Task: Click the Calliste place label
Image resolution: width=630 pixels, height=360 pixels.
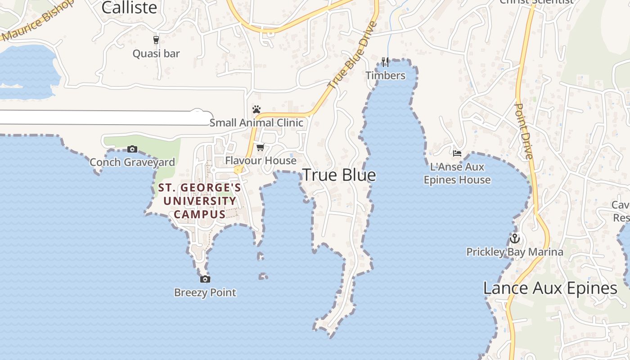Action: (129, 8)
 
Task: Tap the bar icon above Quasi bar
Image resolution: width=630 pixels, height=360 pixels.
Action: (156, 40)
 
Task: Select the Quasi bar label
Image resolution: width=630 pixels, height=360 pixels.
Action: (156, 54)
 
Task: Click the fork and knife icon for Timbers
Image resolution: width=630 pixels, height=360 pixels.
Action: (385, 62)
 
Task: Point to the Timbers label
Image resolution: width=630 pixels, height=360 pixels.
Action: (385, 75)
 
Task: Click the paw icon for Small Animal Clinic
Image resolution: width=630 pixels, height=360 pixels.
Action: (256, 109)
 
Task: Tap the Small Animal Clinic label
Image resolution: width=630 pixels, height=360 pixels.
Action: (256, 122)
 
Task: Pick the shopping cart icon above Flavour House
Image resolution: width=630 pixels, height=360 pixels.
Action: (261, 147)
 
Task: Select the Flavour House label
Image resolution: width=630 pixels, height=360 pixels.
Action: (261, 160)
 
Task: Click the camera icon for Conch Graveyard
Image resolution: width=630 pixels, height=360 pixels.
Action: (132, 149)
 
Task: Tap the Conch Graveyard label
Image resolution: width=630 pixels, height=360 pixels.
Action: (132, 162)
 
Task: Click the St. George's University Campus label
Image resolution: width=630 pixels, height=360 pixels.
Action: (200, 201)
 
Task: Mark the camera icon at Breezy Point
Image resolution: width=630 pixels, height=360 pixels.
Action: (205, 279)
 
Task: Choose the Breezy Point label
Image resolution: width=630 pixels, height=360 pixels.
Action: (205, 292)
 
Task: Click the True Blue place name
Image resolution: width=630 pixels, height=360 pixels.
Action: (339, 175)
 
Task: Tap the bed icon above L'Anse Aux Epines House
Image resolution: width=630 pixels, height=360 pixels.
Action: (457, 153)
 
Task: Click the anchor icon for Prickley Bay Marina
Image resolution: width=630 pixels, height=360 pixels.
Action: (514, 238)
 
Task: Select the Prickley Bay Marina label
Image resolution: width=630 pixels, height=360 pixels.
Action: (514, 252)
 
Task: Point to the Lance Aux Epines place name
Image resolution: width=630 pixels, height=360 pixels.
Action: (550, 288)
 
